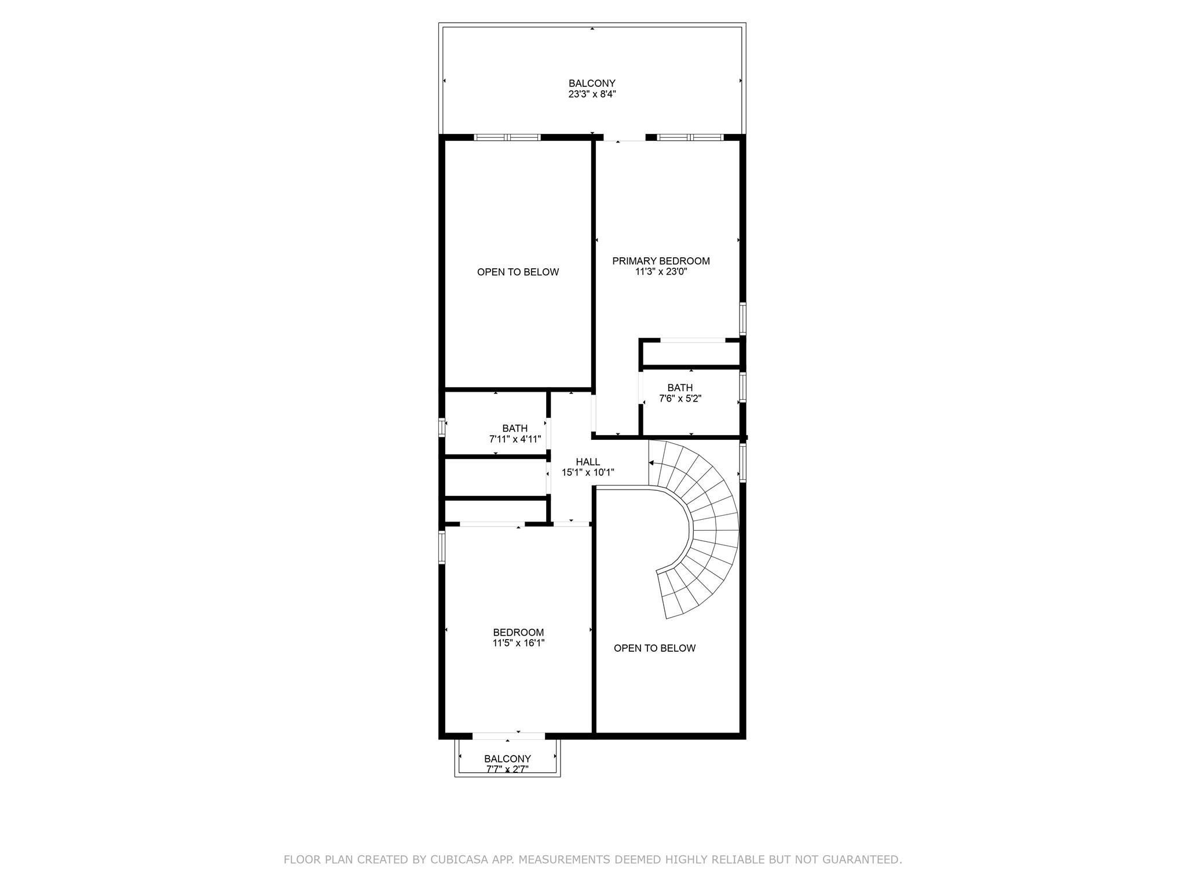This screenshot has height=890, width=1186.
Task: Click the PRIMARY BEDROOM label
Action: click(661, 261)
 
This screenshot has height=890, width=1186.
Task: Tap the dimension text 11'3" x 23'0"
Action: click(661, 272)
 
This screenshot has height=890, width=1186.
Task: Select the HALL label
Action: click(588, 462)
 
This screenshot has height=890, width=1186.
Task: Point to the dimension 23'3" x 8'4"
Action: click(592, 94)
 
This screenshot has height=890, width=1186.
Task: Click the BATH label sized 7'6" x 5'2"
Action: click(680, 388)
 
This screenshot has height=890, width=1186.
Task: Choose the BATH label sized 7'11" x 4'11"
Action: click(515, 429)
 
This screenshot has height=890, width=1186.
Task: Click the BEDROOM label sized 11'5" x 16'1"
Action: click(518, 632)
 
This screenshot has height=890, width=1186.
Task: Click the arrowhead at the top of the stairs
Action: click(651, 463)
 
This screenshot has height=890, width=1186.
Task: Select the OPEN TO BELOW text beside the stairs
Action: click(654, 648)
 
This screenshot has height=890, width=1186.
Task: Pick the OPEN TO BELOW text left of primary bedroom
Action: click(518, 272)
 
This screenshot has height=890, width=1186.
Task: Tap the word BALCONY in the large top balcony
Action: click(592, 83)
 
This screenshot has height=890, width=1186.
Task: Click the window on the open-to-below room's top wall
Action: click(507, 137)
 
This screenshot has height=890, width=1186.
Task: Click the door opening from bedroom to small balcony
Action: click(508, 736)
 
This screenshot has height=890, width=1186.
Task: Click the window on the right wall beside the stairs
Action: click(743, 462)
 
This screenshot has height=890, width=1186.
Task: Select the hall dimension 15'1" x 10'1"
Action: click(588, 472)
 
